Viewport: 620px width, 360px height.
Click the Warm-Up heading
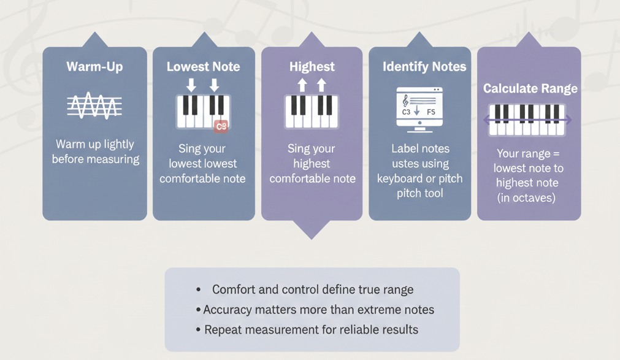pyautogui.click(x=94, y=66)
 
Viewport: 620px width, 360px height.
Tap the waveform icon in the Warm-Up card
pyautogui.click(x=94, y=106)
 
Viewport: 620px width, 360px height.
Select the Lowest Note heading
pyautogui.click(x=203, y=66)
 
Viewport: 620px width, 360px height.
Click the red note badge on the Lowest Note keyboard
pyautogui.click(x=221, y=126)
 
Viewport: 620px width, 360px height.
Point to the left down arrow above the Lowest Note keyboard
pyautogui.click(x=191, y=85)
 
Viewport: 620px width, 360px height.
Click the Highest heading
pyautogui.click(x=312, y=66)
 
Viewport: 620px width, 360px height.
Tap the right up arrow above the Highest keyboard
pyautogui.click(x=321, y=85)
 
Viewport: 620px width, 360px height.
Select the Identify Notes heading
pyautogui.click(x=424, y=66)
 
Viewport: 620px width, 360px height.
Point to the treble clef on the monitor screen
pyautogui.click(x=405, y=101)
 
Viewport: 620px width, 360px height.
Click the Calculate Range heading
pyautogui.click(x=530, y=88)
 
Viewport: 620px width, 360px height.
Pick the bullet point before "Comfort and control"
pyautogui.click(x=199, y=289)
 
